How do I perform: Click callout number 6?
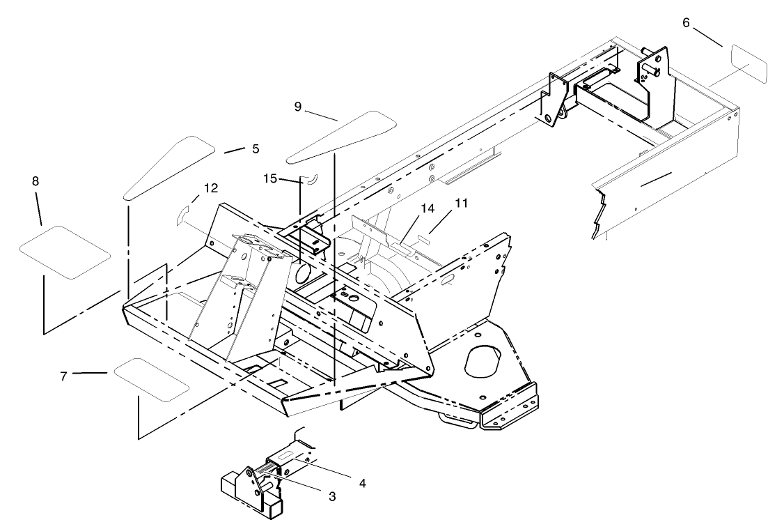point(686,23)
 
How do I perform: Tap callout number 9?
point(298,107)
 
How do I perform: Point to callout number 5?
point(255,148)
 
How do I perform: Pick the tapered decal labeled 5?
point(169,167)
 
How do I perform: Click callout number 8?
point(35,181)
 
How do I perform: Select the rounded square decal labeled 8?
point(65,252)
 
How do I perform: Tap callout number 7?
point(63,376)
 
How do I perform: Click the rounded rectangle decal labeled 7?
point(151,381)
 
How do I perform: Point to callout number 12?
point(211,188)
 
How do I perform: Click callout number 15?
point(270,179)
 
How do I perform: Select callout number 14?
point(427,208)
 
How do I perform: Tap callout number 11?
point(461,203)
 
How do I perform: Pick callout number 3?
point(332,496)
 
